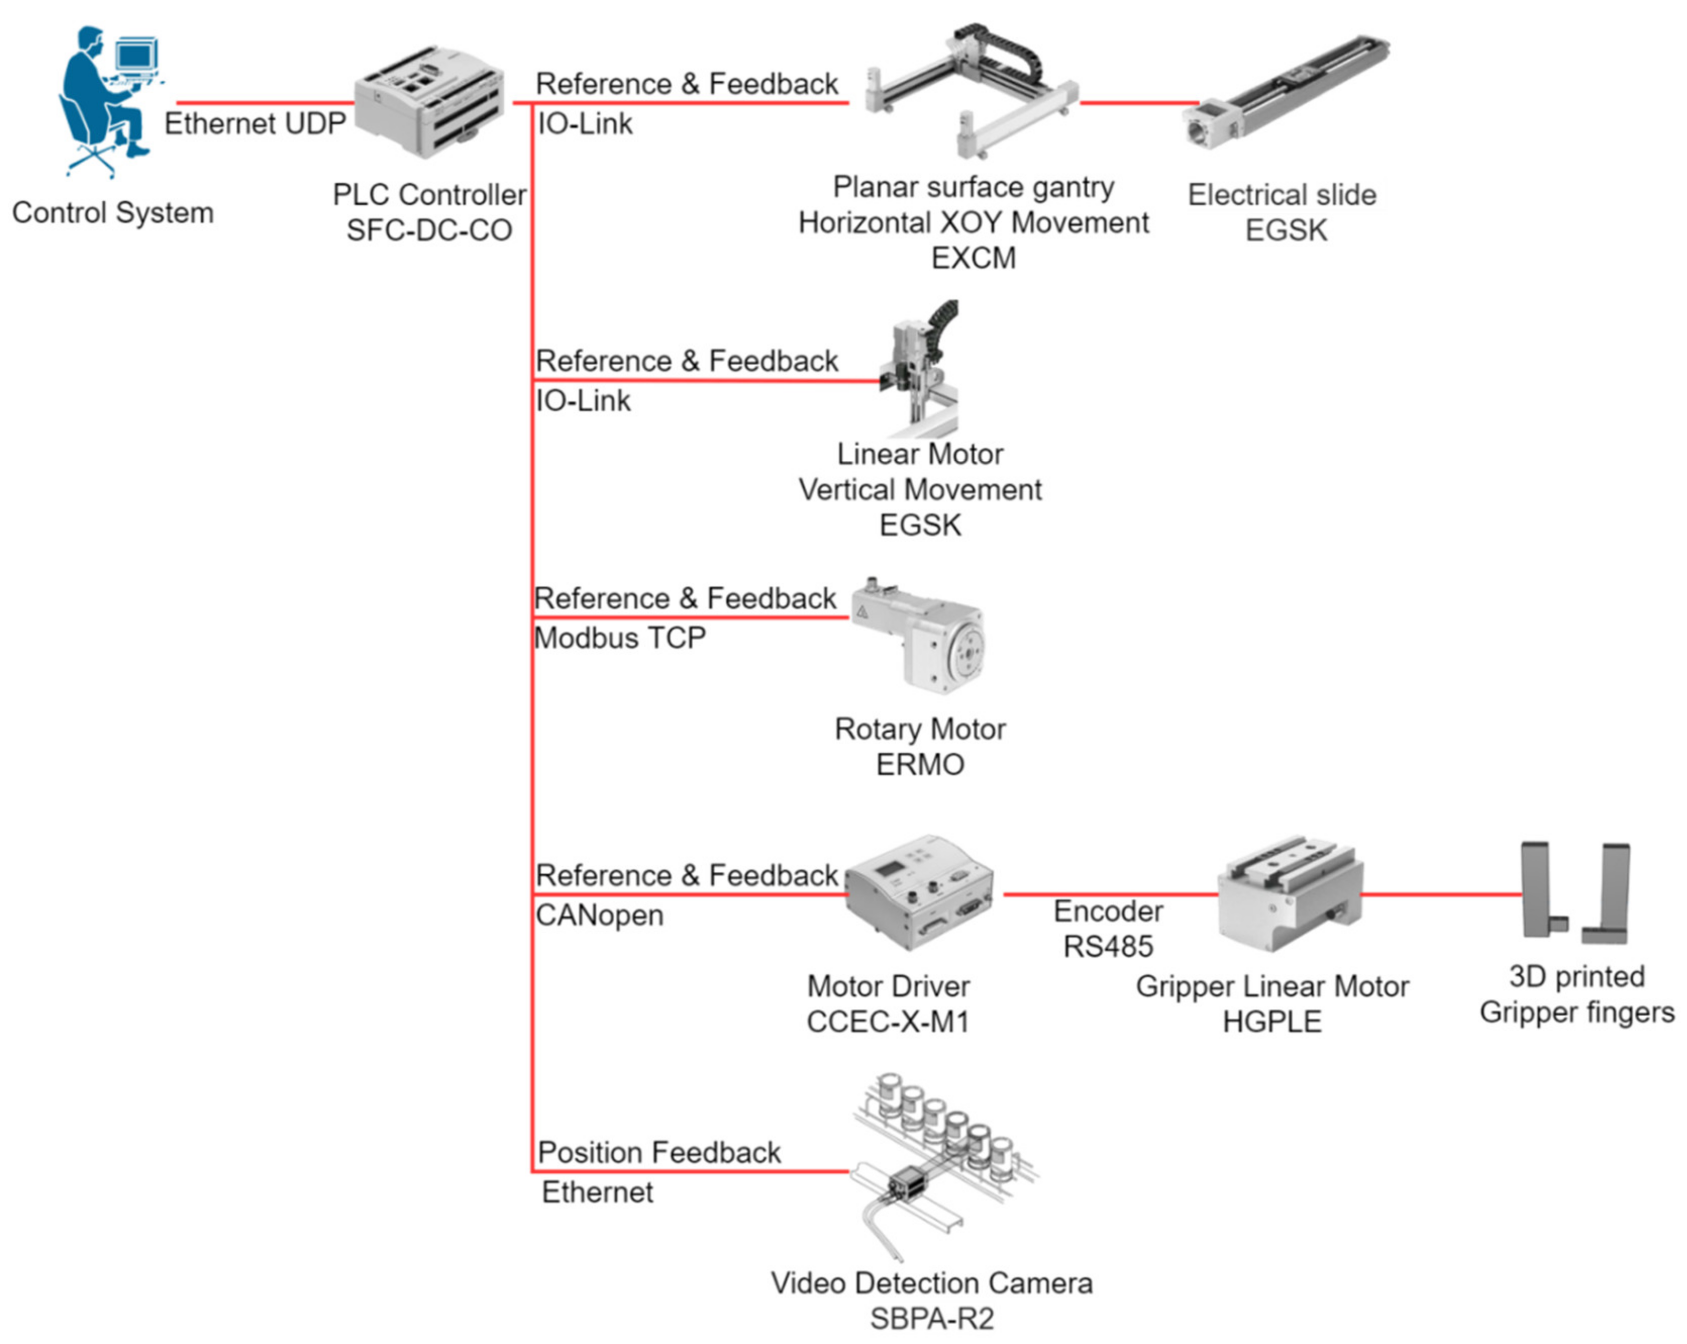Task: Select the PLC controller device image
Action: [429, 102]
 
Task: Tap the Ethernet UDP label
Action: [255, 124]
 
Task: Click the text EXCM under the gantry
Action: [974, 258]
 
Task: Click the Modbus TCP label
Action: [620, 639]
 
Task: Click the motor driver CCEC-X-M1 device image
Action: [920, 892]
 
